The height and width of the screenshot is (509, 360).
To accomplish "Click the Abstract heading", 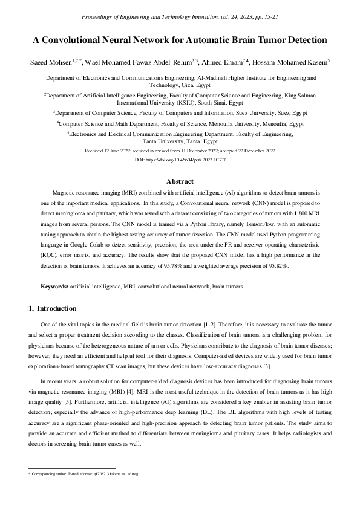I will [180, 181].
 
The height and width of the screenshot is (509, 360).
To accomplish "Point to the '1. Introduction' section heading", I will [53, 308].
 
